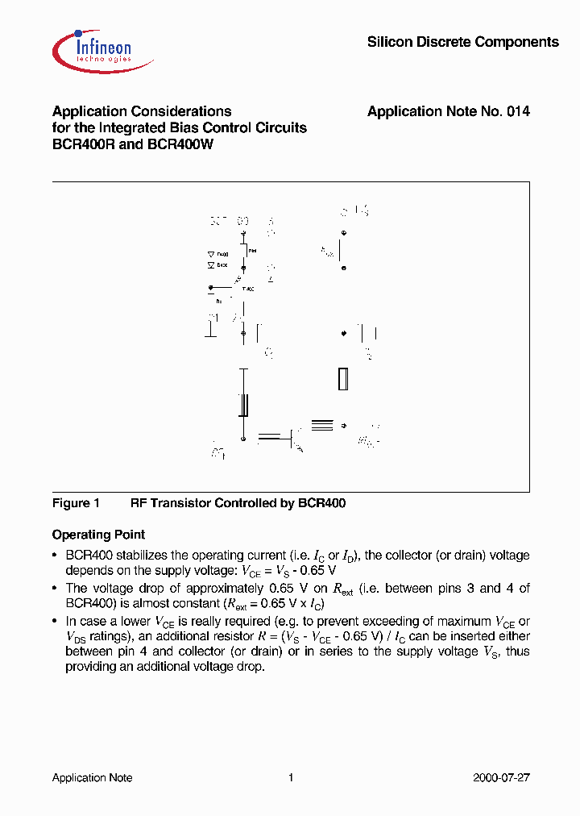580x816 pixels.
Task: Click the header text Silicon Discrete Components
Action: pyautogui.click(x=462, y=42)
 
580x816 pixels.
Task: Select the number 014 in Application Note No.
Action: pyautogui.click(x=518, y=112)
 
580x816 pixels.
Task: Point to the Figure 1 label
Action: pyautogui.click(x=76, y=503)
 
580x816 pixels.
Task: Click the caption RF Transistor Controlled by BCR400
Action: pyautogui.click(x=238, y=503)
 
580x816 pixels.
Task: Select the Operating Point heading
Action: pyautogui.click(x=98, y=535)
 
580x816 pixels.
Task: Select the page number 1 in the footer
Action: pyautogui.click(x=290, y=777)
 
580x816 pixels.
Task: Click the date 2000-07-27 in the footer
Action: pyautogui.click(x=500, y=777)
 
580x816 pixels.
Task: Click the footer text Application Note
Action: pyautogui.click(x=92, y=777)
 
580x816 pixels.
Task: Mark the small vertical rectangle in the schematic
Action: pyautogui.click(x=342, y=379)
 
